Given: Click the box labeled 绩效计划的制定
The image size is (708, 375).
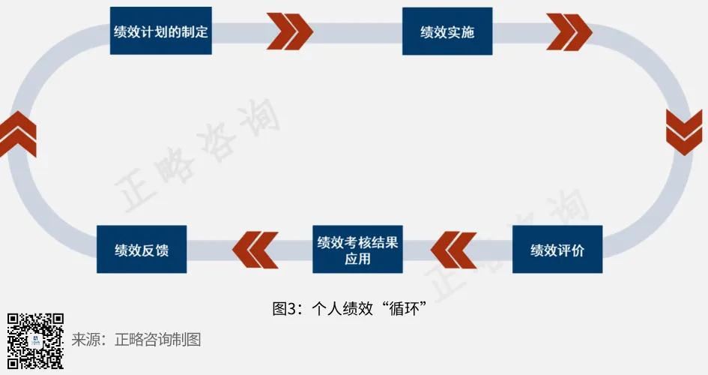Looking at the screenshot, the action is tap(160, 31).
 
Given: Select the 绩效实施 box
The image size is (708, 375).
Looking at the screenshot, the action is tap(447, 31).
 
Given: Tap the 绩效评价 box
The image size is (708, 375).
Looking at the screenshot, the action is tap(557, 250).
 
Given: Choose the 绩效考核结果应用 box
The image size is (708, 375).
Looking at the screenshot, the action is tap(357, 250).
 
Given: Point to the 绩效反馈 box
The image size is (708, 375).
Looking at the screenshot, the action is tap(142, 250).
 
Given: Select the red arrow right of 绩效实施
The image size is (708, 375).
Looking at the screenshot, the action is tap(569, 31).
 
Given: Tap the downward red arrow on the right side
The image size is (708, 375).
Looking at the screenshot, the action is tap(684, 132).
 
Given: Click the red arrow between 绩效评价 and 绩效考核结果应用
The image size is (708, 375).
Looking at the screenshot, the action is tap(454, 250).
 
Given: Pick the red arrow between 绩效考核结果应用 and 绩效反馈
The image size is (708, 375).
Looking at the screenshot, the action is tap(255, 250).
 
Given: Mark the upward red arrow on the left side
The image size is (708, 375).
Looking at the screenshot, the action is tap(18, 132).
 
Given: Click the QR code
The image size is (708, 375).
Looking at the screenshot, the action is tap(35, 341).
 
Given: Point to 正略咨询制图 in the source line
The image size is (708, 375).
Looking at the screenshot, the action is tap(158, 340).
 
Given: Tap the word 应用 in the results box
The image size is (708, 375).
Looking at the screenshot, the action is tap(357, 259).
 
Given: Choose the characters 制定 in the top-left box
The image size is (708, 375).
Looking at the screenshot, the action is tap(194, 31).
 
